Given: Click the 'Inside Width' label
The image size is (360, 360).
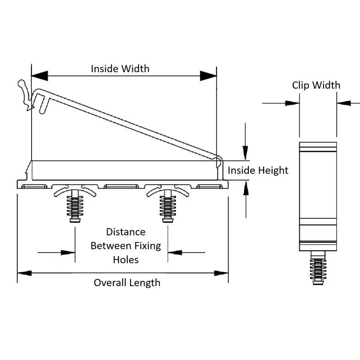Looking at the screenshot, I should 120,69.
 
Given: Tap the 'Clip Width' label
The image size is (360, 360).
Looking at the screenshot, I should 316,85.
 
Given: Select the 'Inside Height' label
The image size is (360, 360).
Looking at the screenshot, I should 258,171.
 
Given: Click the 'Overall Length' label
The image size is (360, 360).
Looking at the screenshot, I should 127,283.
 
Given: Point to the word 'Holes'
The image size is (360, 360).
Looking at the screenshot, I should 126,260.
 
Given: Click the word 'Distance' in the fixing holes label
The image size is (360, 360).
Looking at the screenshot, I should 126,232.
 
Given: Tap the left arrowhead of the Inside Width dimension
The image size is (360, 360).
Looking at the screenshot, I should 40,76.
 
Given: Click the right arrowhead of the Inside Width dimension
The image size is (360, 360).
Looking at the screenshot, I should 208,76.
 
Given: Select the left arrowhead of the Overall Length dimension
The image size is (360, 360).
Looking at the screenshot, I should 25,273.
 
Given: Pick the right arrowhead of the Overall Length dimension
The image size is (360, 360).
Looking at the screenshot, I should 221,273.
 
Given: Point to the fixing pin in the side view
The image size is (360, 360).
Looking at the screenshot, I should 318,268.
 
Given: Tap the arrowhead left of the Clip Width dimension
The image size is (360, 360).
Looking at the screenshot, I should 292,103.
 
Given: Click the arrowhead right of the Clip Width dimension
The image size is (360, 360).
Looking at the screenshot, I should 344,103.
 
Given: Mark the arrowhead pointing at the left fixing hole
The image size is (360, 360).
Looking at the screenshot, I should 68,252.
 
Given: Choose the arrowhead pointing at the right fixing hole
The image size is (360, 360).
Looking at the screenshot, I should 175,252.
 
